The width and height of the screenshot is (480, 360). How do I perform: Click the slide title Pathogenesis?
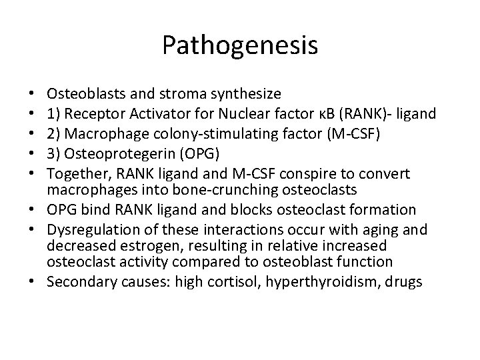(x=240, y=46)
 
